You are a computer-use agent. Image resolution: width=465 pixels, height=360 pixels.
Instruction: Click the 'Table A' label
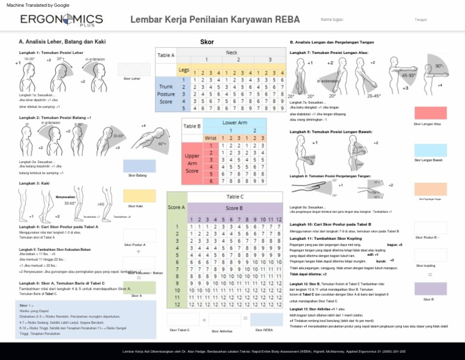click(x=166, y=55)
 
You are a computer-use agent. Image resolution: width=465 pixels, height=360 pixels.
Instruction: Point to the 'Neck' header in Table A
click(x=231, y=53)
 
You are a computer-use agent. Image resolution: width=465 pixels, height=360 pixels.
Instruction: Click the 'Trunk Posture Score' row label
click(x=166, y=94)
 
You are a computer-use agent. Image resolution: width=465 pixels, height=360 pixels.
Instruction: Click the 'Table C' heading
click(x=236, y=196)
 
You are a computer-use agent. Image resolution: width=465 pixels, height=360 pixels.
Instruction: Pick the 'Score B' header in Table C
click(x=236, y=208)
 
